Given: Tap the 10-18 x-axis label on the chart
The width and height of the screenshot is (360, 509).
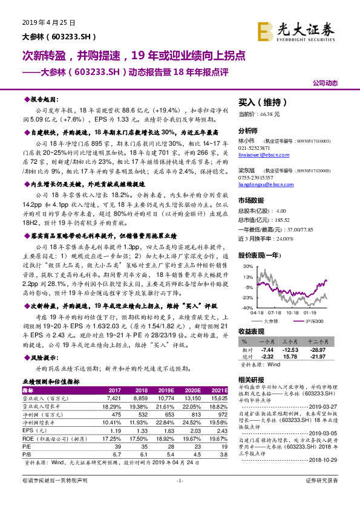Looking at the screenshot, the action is pos(293,313).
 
